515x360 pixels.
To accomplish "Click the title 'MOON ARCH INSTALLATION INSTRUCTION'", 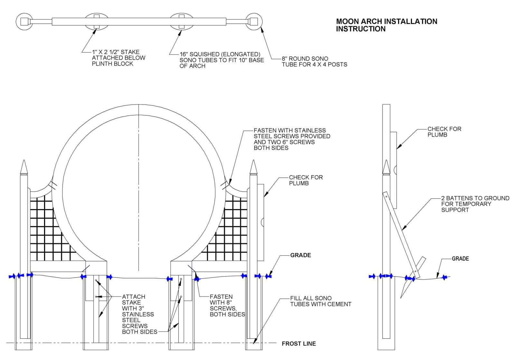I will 386,25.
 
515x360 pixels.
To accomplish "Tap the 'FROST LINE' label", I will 298,344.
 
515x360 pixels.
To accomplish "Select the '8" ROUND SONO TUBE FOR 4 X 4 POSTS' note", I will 314,62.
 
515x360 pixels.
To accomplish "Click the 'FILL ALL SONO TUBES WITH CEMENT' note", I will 320,301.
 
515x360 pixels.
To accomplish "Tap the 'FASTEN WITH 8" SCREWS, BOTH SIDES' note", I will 227,305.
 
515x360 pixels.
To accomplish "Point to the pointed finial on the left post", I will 24,167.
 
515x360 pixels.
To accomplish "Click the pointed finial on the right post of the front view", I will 254,167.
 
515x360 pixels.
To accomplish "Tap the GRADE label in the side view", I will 460,259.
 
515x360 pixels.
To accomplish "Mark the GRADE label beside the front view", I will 300,255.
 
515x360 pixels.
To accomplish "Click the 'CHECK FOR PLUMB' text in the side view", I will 444,132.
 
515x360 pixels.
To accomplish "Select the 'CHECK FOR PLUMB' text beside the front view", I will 305,180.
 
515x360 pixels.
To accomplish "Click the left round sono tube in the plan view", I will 24,22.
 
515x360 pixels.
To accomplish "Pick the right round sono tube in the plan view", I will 254,22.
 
